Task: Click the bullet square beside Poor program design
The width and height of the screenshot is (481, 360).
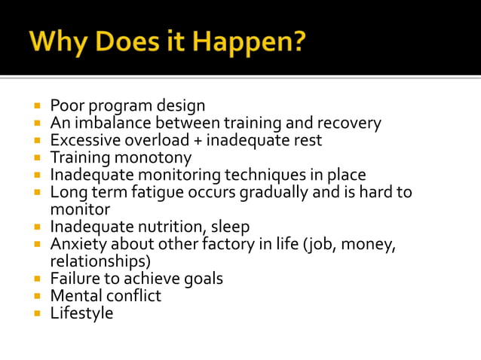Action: [x=37, y=105]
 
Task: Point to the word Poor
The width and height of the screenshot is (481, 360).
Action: [x=66, y=105]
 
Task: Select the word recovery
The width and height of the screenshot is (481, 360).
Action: [x=348, y=123]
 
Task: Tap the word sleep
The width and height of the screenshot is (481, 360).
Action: [x=230, y=227]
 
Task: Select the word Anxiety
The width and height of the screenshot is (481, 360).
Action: [x=78, y=244]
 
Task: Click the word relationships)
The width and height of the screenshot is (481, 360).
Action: [x=100, y=261]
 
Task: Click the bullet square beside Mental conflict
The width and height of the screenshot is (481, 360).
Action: [x=37, y=296]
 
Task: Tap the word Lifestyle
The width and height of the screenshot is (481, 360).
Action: [x=81, y=313]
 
